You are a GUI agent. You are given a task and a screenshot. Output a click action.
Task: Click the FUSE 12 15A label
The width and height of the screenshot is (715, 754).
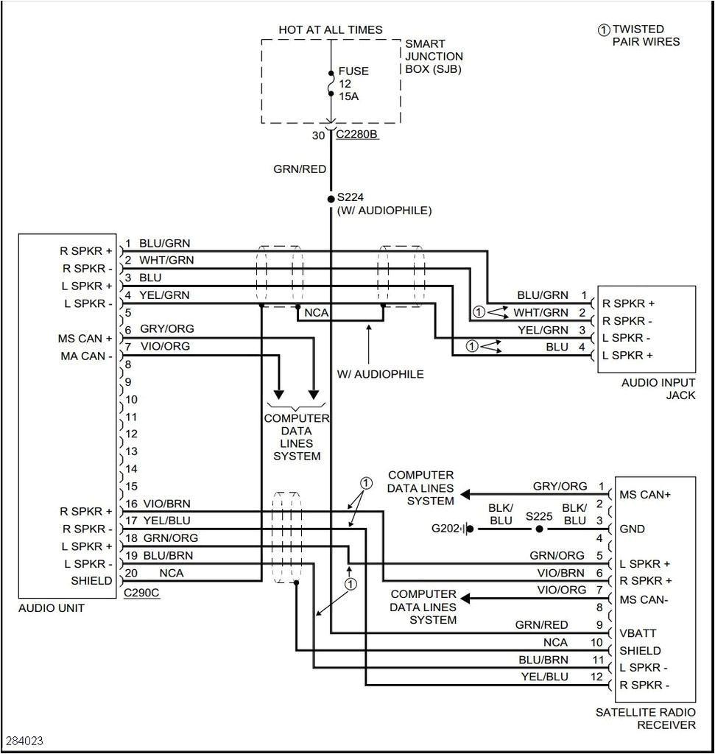[x=353, y=84]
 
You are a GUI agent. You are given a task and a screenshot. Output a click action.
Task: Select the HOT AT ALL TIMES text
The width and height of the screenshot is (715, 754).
[x=330, y=29]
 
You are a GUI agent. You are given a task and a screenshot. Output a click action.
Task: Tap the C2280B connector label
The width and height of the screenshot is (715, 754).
[x=356, y=135]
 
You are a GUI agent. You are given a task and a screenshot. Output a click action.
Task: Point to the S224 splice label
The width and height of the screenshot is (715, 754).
[x=351, y=198]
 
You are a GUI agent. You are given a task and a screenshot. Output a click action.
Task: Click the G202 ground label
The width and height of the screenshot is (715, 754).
[x=445, y=528]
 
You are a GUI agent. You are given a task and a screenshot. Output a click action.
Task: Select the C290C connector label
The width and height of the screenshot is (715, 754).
[x=141, y=592]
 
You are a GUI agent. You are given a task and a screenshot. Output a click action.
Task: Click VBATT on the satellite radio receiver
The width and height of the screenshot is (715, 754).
[x=638, y=633]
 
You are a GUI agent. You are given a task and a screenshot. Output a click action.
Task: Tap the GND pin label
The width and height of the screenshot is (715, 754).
[x=632, y=529]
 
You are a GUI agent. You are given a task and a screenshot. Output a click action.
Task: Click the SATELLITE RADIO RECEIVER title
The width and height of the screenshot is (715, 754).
[x=645, y=719]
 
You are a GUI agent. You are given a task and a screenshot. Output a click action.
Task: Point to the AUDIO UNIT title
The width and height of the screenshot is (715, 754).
[x=52, y=608]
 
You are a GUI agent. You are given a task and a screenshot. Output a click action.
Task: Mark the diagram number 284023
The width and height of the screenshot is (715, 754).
[x=25, y=739]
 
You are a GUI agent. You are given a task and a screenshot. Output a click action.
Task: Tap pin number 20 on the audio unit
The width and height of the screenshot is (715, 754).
[x=131, y=573]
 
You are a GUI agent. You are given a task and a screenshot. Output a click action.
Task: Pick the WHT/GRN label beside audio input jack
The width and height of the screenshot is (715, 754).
[x=540, y=313]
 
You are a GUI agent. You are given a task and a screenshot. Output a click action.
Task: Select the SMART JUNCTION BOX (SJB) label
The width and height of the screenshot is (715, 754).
[x=434, y=57]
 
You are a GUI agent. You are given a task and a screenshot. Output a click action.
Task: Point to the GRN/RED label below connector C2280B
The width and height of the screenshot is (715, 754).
[x=300, y=169]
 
